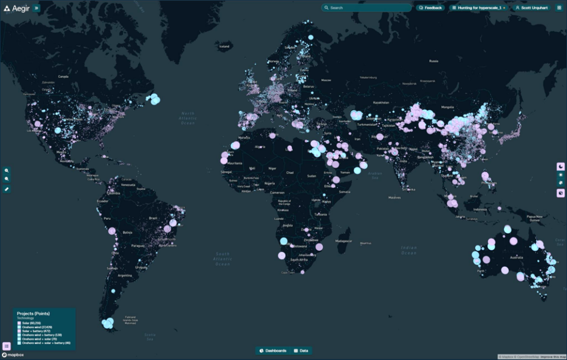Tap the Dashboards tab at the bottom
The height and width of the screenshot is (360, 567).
pyautogui.click(x=272, y=351)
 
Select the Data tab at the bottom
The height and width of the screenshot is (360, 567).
pyautogui.click(x=302, y=351)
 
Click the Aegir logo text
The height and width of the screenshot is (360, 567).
pyautogui.click(x=19, y=8)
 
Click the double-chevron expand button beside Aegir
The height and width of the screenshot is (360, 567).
pyautogui.click(x=37, y=8)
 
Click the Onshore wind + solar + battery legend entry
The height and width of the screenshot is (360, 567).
pyautogui.click(x=43, y=343)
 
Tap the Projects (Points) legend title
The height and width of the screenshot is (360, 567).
pyautogui.click(x=33, y=313)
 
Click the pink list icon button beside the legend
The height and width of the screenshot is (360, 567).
pyautogui.click(x=7, y=346)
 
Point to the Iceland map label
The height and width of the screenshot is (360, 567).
pyautogui.click(x=224, y=47)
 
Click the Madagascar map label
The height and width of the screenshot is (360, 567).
pyautogui.click(x=343, y=241)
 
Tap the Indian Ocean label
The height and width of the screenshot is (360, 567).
pyautogui.click(x=409, y=250)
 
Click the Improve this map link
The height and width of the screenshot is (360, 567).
pyautogui.click(x=552, y=357)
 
